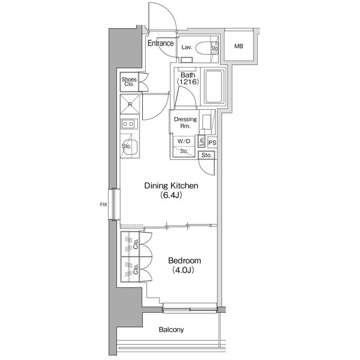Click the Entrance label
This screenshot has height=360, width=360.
pos(160,43)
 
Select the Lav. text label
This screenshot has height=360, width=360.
pos(187,48)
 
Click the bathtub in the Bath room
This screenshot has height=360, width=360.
pos(213,87)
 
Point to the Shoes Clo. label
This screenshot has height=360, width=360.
pos(129,82)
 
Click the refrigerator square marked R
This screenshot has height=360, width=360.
pos(130,105)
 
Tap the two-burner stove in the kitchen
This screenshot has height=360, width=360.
pos(129,124)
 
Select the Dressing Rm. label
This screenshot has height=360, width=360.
pos(185,123)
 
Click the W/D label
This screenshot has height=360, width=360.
pos(184,142)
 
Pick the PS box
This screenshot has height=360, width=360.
pos(212,143)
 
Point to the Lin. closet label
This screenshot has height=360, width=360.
pos(202,141)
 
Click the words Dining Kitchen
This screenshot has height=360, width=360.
pos(171,186)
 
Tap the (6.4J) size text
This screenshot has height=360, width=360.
pos(171,196)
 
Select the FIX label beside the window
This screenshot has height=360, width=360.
pos(103,204)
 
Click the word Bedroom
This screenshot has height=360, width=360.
pos(183,261)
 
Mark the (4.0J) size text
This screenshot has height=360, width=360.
pos(183,271)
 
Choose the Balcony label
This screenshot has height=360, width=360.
pos(172,330)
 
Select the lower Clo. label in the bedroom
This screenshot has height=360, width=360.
pos(136,268)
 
